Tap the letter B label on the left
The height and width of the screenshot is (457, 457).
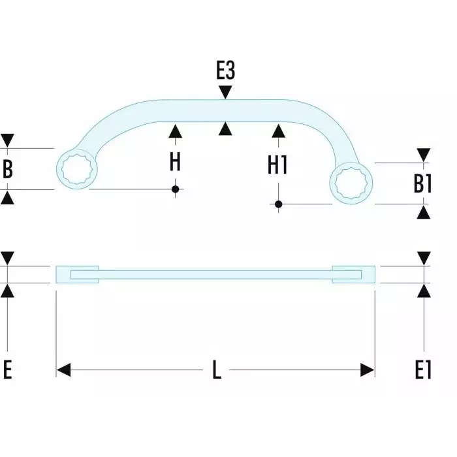[x=8, y=168]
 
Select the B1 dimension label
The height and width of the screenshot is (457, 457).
[x=423, y=183]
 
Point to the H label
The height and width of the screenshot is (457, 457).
[x=175, y=161]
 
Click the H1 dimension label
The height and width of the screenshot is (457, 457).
[x=278, y=165]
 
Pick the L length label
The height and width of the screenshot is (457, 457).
[x=216, y=371]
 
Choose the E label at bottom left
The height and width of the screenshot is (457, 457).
[x=8, y=370]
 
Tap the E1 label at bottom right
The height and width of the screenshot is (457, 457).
[x=423, y=370]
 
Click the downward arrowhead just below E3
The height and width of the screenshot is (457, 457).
[x=225, y=93]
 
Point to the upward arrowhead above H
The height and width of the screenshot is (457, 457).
[x=175, y=131]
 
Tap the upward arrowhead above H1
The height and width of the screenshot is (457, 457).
[x=278, y=131]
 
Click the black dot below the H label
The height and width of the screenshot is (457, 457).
[x=175, y=189]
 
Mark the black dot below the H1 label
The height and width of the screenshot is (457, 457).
[x=278, y=204]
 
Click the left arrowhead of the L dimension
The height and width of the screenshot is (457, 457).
[x=63, y=371]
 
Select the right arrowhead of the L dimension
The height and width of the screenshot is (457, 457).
[x=368, y=371]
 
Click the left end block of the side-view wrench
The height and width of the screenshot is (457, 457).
[x=78, y=274]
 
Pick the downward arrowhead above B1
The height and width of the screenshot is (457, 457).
[x=423, y=155]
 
